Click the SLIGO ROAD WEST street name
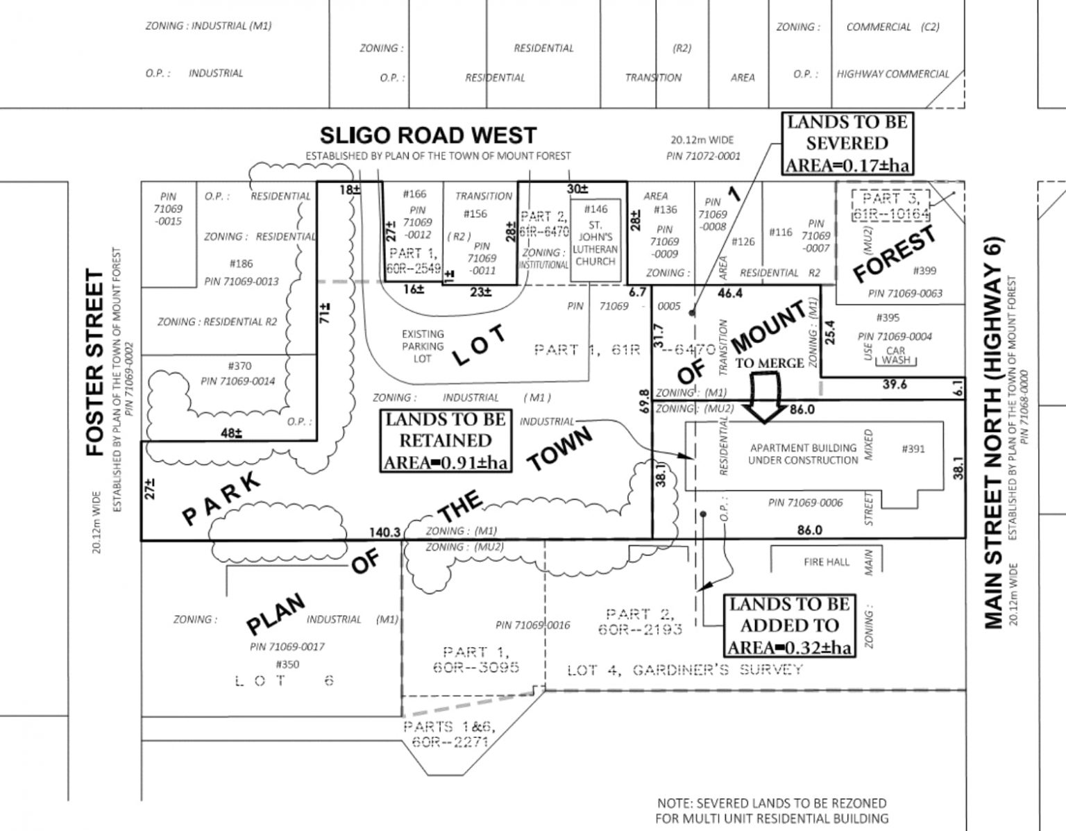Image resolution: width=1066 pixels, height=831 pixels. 428,135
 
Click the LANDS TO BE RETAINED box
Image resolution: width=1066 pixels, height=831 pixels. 445,441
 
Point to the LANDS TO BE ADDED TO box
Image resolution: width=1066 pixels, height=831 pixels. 789,626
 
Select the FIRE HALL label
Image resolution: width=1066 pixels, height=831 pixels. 826,562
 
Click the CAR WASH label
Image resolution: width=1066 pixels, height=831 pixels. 895,356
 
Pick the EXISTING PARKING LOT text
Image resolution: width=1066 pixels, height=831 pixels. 422,346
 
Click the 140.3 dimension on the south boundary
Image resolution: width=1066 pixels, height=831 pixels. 384,532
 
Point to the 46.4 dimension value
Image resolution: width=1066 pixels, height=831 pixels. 730,294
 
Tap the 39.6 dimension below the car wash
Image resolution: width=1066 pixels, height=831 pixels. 895,384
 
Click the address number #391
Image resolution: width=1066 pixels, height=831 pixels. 913,449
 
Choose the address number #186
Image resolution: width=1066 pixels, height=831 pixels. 241,264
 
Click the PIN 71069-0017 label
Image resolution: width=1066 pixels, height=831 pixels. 287,646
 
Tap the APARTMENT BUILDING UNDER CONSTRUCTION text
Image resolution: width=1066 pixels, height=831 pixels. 802,455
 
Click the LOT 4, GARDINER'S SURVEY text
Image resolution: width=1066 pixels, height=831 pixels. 684,670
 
